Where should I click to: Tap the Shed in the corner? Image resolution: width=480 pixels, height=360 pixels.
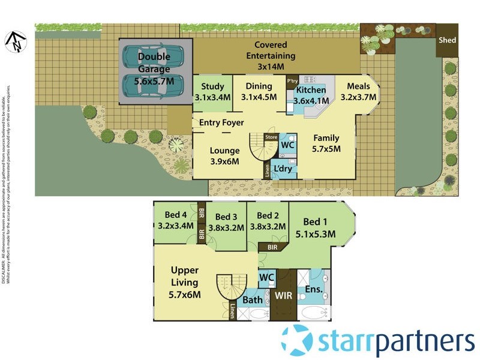pyautogui.click(x=447, y=40)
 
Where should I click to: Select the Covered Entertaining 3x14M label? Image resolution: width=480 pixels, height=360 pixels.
pyautogui.click(x=271, y=56)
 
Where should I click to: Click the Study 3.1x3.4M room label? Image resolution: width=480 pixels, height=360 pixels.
pyautogui.click(x=212, y=91)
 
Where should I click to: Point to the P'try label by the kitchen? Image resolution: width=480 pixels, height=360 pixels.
pyautogui.click(x=293, y=80)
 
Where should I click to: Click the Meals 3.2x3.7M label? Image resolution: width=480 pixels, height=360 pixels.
pyautogui.click(x=358, y=91)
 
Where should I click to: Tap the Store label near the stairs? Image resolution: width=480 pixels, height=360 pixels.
pyautogui.click(x=271, y=137)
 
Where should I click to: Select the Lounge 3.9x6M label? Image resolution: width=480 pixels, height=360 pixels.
pyautogui.click(x=224, y=156)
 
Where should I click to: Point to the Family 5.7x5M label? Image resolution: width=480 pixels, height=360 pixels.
pyautogui.click(x=326, y=143)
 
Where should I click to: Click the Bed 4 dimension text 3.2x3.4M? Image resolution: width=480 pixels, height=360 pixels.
pyautogui.click(x=175, y=226)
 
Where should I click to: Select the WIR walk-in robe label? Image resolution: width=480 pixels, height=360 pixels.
pyautogui.click(x=283, y=296)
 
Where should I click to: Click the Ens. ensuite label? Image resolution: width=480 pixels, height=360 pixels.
pyautogui.click(x=314, y=289)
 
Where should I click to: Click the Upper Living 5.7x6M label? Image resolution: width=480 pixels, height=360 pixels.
pyautogui.click(x=184, y=282)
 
